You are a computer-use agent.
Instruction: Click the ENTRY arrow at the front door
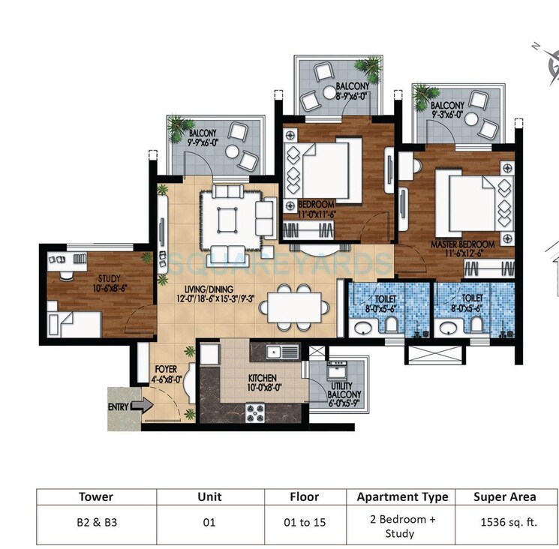(140, 406)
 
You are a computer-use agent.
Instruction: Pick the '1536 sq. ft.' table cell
(504, 522)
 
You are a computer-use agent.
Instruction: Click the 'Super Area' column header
(504, 496)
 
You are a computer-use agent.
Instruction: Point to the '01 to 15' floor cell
(305, 522)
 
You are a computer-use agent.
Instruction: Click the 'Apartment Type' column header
(403, 496)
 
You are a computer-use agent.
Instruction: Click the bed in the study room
(74, 323)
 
